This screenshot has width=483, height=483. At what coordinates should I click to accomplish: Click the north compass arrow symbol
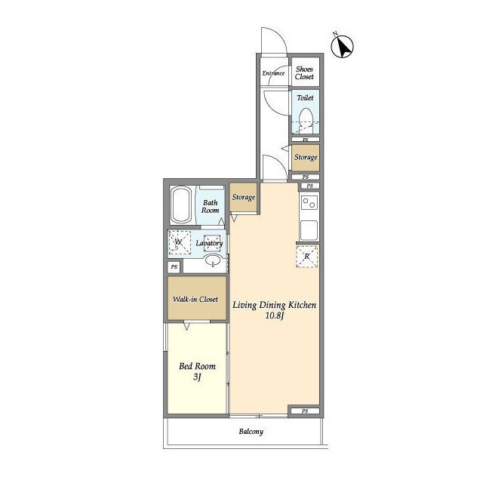(x=342, y=47)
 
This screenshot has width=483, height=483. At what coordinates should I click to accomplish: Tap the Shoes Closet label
(x=304, y=73)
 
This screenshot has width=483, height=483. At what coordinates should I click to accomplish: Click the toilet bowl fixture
(x=306, y=121)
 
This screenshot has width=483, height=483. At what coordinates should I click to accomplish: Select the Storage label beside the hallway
(x=306, y=158)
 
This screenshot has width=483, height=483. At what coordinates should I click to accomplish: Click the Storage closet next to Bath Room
(x=243, y=198)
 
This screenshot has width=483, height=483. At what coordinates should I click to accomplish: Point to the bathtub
(x=181, y=205)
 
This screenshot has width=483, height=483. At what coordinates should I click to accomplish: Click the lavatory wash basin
(x=213, y=261)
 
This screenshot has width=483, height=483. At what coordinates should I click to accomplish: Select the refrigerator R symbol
(x=307, y=257)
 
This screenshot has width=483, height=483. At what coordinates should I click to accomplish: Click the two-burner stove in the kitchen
(x=309, y=203)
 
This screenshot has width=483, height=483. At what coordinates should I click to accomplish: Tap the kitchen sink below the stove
(x=309, y=230)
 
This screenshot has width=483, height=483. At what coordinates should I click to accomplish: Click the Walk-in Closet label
(x=195, y=299)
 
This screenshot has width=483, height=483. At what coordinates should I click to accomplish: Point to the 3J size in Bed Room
(x=197, y=377)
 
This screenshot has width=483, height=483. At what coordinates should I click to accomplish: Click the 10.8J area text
(x=274, y=315)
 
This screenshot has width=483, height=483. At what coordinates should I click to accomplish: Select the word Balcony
(x=251, y=432)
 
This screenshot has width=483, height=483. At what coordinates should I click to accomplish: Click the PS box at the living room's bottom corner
(x=305, y=411)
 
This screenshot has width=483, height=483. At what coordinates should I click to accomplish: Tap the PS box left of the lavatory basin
(x=174, y=266)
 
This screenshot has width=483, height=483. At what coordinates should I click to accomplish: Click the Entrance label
(x=273, y=73)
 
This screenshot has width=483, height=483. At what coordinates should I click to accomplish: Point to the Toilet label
(x=305, y=98)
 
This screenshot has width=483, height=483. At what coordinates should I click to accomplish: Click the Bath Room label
(x=210, y=207)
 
